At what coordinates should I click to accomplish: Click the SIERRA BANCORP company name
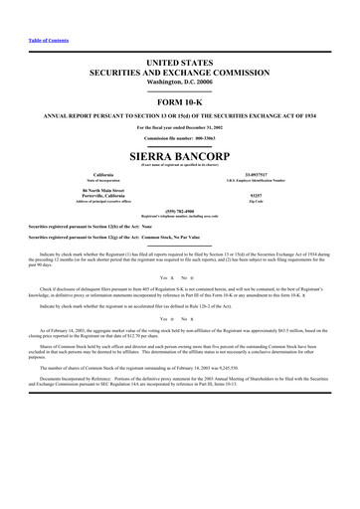click(x=180, y=157)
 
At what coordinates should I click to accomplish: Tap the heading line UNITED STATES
click(x=180, y=62)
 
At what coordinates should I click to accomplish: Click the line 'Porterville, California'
click(x=104, y=196)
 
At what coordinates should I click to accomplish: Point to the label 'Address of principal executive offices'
click(x=104, y=202)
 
